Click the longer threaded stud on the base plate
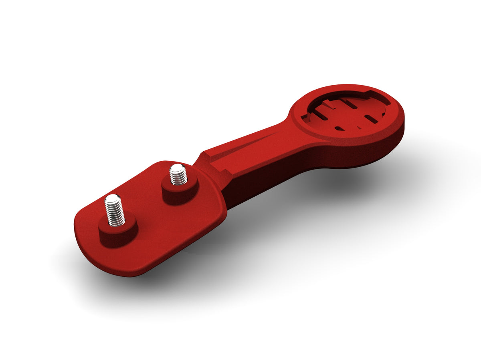115,211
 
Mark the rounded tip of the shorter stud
176,167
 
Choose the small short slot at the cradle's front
339,128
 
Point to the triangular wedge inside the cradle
329,105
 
